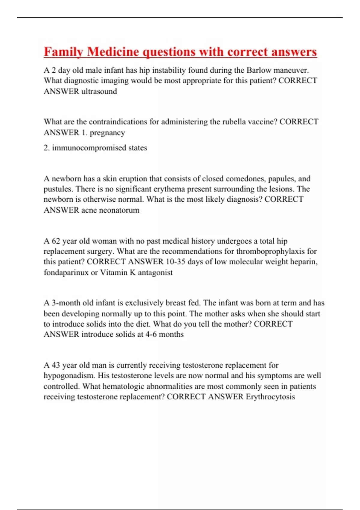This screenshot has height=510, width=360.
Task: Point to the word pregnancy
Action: point(107,133)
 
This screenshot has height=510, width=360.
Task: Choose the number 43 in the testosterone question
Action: point(56,365)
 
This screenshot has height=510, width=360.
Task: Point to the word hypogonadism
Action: point(69,376)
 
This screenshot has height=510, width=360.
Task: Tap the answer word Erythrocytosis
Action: point(270,397)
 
